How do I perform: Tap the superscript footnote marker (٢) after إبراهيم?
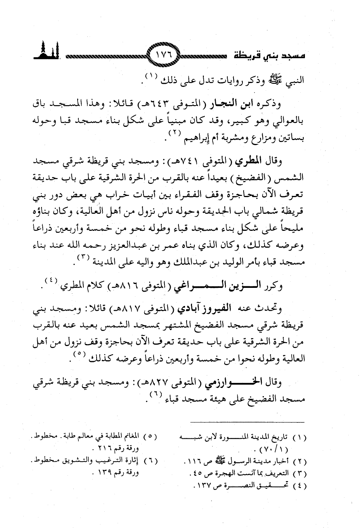click(x=161, y=134)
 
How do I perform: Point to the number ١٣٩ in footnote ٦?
click(x=110, y=473)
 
